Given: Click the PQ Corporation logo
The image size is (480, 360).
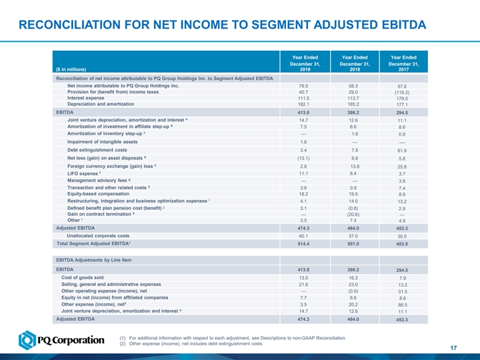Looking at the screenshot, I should tap(61, 341).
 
